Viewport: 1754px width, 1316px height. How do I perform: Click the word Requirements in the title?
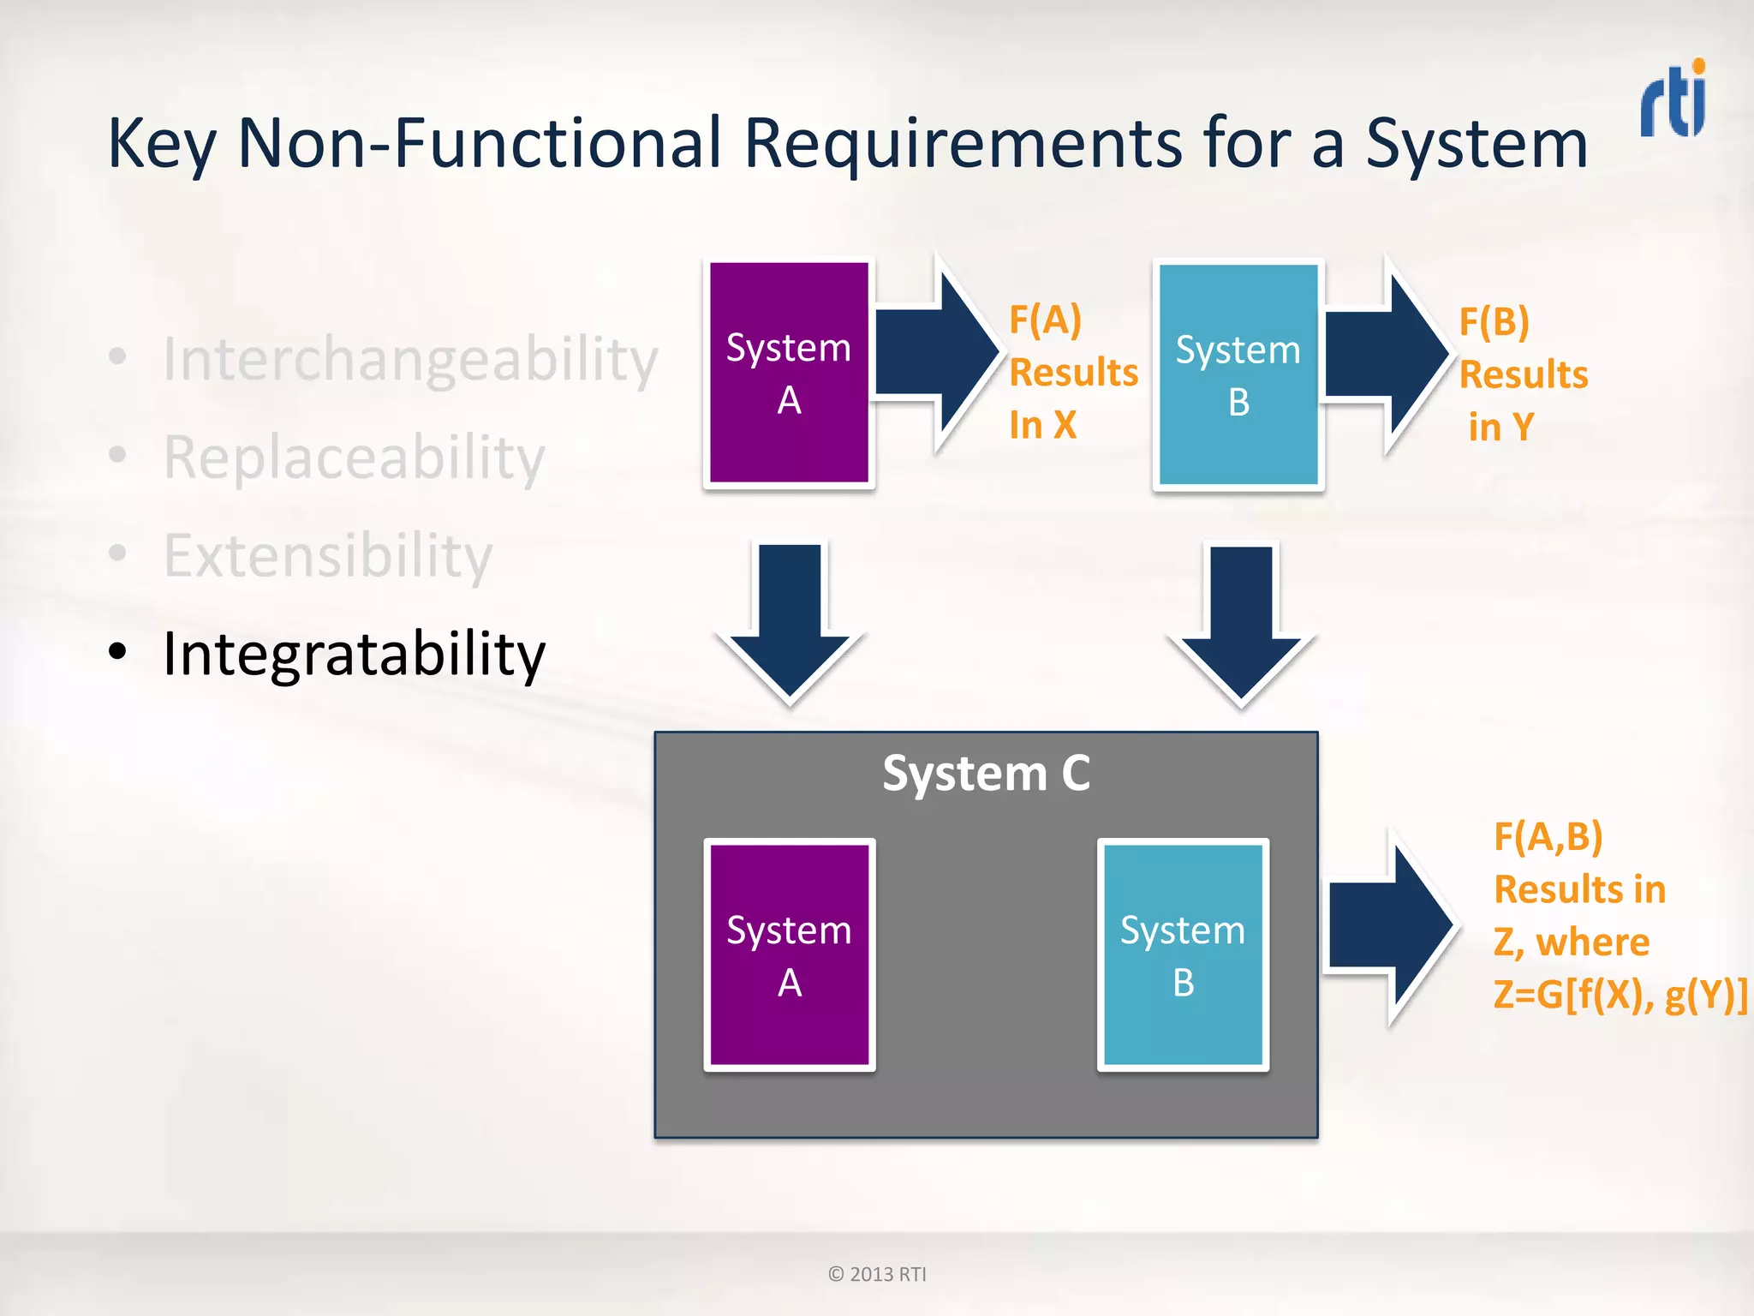(x=964, y=144)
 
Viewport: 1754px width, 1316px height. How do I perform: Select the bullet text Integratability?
(x=354, y=654)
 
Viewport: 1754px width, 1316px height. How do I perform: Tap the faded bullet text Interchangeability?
(x=410, y=359)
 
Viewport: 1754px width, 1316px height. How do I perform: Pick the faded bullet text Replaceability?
(x=354, y=458)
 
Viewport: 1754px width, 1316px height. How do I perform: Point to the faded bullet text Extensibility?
(x=328, y=556)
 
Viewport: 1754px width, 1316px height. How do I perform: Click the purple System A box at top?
(x=789, y=374)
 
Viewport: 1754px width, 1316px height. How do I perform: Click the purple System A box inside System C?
(x=789, y=955)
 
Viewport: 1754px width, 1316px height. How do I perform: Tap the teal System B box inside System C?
(x=1183, y=955)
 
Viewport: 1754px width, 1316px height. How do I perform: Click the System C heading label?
(x=986, y=773)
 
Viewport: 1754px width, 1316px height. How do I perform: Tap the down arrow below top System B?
(x=1241, y=620)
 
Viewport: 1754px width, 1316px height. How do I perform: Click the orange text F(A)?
(x=1045, y=320)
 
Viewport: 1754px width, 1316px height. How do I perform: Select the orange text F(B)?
(x=1494, y=322)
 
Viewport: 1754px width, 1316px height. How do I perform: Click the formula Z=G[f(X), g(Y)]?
(x=1620, y=995)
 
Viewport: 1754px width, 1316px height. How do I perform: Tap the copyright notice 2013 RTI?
(x=877, y=1274)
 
